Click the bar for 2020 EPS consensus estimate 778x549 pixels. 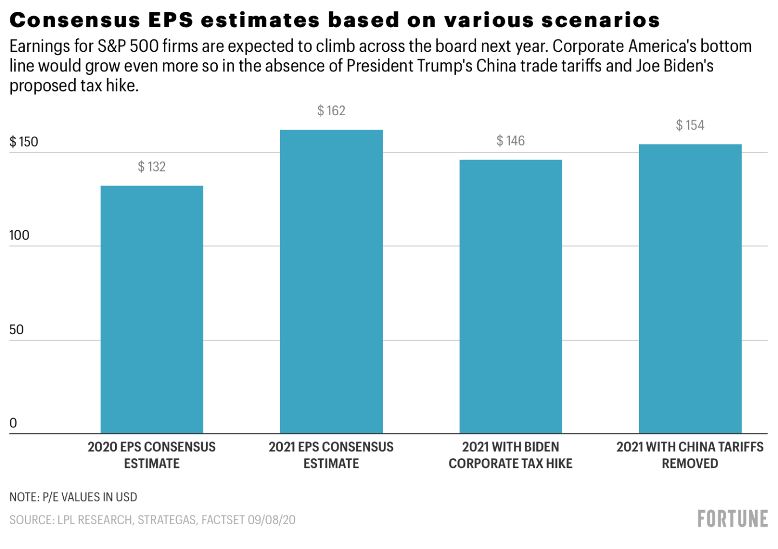click(x=152, y=309)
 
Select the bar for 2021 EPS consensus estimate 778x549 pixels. click(x=331, y=281)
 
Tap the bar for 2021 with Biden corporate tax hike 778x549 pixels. click(x=510, y=296)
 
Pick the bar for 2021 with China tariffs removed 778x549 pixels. click(x=690, y=289)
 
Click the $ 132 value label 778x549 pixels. click(x=152, y=167)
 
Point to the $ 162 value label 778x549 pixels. click(x=331, y=111)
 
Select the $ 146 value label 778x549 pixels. click(x=510, y=141)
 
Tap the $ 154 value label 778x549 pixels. click(x=690, y=125)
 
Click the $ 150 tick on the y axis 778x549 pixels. click(x=24, y=142)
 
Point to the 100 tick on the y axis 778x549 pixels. click(x=19, y=235)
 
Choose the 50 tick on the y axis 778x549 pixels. click(x=17, y=329)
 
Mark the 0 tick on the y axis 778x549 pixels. click(x=14, y=423)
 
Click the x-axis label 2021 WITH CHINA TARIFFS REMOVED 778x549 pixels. click(x=690, y=455)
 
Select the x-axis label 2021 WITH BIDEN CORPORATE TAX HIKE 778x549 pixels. click(x=510, y=455)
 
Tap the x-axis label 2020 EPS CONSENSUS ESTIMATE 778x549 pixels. click(x=152, y=455)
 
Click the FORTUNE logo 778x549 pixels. click(x=733, y=519)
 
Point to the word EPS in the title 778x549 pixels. click(x=170, y=20)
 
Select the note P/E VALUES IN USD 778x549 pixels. click(x=89, y=497)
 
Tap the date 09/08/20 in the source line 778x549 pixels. click(x=272, y=520)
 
